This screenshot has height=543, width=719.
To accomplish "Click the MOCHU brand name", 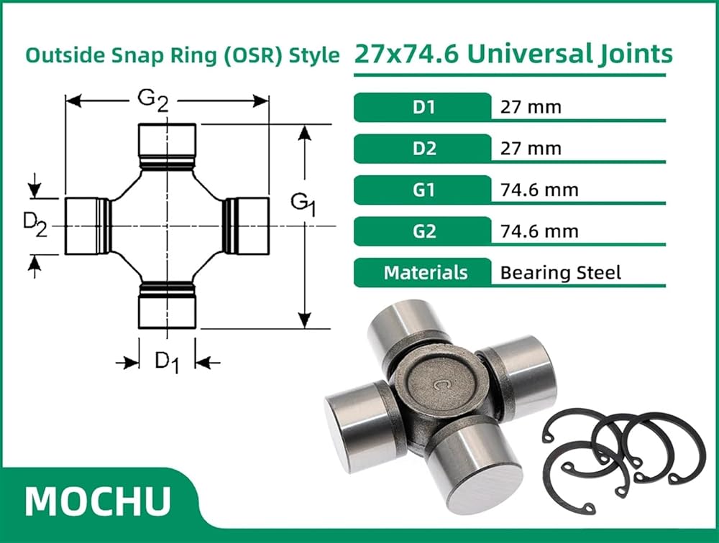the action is click(98, 501).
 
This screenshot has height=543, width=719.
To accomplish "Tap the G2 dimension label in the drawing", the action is click(153, 101).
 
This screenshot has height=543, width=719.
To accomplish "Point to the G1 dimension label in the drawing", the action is click(303, 204).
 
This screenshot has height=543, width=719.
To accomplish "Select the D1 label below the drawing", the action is click(167, 361).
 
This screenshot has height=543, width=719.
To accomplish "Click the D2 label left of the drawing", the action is click(35, 226).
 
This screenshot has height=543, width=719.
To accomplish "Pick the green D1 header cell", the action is click(422, 107).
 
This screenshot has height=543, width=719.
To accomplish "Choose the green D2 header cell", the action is click(422, 149).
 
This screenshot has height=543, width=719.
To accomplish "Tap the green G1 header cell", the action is click(422, 190).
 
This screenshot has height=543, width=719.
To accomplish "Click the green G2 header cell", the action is click(422, 231).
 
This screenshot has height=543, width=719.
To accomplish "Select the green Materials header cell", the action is click(422, 273).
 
